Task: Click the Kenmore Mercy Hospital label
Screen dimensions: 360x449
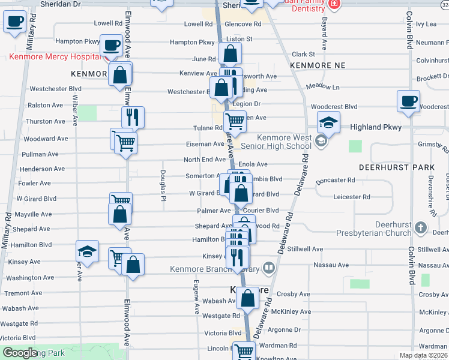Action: click(54, 58)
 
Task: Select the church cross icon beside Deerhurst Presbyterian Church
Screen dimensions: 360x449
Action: click(421, 228)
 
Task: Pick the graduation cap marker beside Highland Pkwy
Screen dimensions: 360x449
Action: click(328, 122)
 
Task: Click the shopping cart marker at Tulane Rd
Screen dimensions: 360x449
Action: click(235, 122)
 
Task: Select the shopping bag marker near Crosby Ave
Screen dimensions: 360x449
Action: click(247, 298)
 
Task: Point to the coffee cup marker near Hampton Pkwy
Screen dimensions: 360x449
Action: click(110, 45)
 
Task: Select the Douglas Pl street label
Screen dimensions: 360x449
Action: click(163, 181)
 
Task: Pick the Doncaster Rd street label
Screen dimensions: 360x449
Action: click(335, 180)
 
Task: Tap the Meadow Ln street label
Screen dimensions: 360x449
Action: click(322, 86)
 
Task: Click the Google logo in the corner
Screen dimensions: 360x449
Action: click(20, 353)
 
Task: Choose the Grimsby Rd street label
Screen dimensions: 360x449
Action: click(433, 144)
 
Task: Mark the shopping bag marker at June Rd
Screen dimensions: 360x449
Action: click(230, 54)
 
